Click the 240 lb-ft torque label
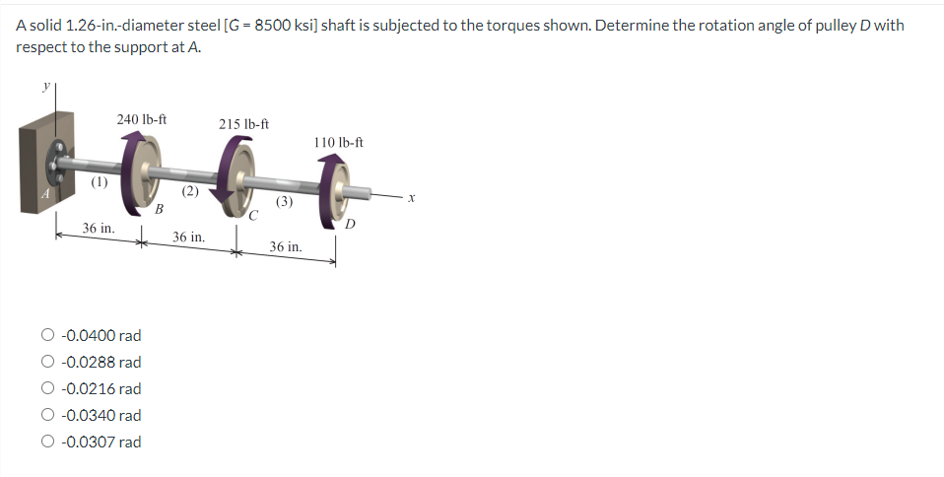pyautogui.click(x=141, y=119)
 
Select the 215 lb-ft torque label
pyautogui.click(x=243, y=124)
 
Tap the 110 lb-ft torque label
pyautogui.click(x=338, y=142)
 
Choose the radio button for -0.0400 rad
pyautogui.click(x=47, y=336)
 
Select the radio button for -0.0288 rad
pyautogui.click(x=47, y=363)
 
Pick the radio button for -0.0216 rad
pyautogui.click(x=47, y=389)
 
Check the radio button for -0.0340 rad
pyautogui.click(x=47, y=416)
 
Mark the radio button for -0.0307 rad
pyautogui.click(x=47, y=443)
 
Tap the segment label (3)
pyautogui.click(x=284, y=201)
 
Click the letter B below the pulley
pyautogui.click(x=159, y=208)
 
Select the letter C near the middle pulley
pyautogui.click(x=253, y=216)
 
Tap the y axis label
pyautogui.click(x=43, y=87)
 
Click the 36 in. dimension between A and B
pyautogui.click(x=98, y=228)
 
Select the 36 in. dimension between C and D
pyautogui.click(x=286, y=245)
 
